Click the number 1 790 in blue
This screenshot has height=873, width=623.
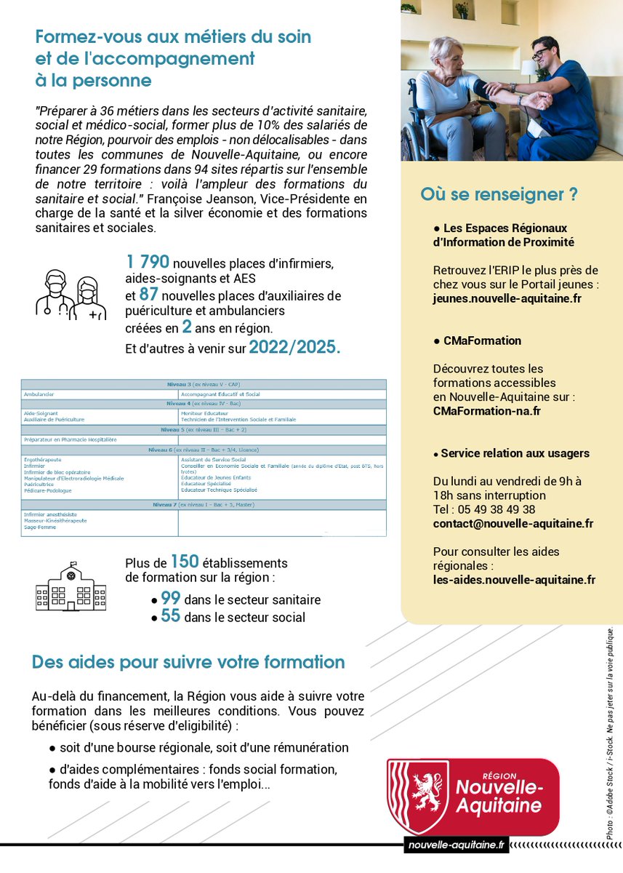[148, 262]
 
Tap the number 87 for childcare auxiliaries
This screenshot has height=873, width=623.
[148, 295]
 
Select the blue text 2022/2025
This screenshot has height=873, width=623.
[294, 347]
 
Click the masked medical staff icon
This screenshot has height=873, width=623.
[71, 295]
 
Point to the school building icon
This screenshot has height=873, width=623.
[71, 586]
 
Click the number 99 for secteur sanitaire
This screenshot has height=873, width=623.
[171, 599]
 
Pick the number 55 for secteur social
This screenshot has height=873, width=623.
[171, 617]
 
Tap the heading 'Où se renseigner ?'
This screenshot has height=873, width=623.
[499, 195]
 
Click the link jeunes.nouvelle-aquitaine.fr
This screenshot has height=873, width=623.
[507, 298]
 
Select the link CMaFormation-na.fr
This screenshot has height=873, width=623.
[486, 411]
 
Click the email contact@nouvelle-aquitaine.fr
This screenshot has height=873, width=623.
[513, 524]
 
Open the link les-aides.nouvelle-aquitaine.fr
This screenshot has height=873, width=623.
[514, 580]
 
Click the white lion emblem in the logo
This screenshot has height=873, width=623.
[426, 796]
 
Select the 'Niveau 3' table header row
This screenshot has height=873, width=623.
[204, 383]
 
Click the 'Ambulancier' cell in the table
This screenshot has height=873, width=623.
[40, 394]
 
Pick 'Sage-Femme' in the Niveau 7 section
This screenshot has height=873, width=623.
[38, 527]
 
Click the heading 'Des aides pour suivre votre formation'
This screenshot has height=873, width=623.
[188, 662]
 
